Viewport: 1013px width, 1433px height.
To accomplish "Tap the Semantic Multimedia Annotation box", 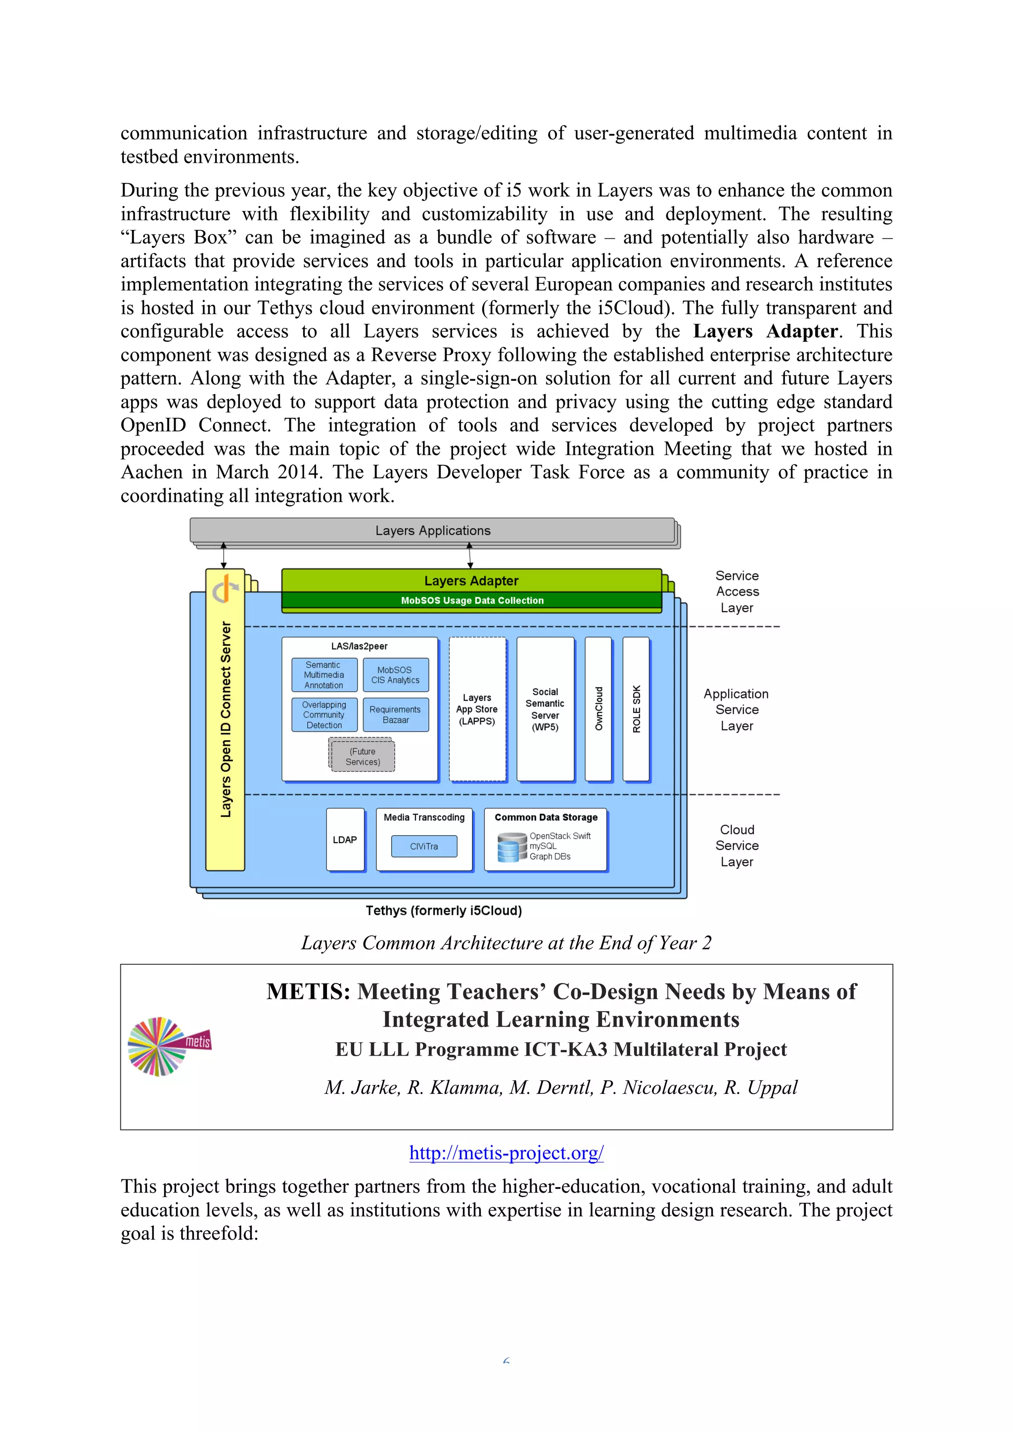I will click(324, 674).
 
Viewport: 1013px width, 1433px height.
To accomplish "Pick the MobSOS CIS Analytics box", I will click(396, 674).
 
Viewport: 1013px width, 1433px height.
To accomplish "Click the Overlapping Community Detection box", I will click(324, 715).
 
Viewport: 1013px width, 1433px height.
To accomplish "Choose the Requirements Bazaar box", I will click(396, 715).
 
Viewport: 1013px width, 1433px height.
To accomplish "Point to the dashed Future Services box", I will click(362, 756).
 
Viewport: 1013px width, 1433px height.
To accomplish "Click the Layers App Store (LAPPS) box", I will click(477, 709).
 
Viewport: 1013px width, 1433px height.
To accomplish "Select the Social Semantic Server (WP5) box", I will click(545, 709).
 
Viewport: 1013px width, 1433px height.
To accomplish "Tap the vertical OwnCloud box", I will click(598, 709).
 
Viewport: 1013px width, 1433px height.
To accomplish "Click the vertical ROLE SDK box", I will click(636, 709).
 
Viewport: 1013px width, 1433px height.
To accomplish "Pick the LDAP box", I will click(345, 840).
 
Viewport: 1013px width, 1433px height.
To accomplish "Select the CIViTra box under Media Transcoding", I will click(424, 847).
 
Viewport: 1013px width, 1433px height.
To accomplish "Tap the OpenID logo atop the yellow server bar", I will click(225, 588).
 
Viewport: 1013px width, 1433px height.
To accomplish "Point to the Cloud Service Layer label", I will click(737, 846).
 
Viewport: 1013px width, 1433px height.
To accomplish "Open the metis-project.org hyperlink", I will click(506, 1153).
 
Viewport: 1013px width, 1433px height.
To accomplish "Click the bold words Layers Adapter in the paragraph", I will click(765, 331).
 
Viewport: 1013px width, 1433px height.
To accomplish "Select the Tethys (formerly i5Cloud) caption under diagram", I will click(443, 911).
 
